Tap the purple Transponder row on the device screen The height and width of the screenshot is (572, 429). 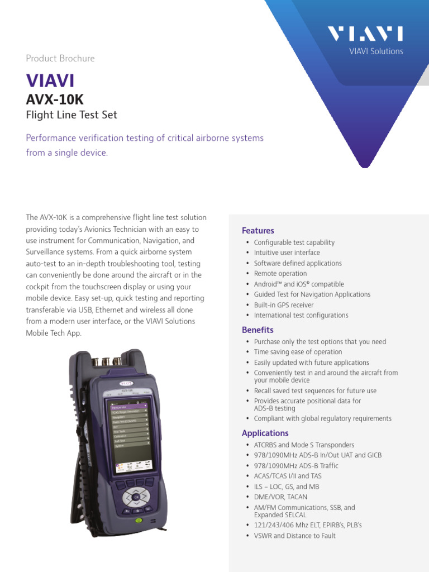coord(127,407)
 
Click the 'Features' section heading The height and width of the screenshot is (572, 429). coord(258,231)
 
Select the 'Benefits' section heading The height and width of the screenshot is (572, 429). coord(258,330)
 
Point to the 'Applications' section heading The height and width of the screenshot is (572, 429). coord(265,433)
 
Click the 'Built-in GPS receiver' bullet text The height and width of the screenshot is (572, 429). coord(284,305)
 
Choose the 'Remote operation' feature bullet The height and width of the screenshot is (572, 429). coord(280,274)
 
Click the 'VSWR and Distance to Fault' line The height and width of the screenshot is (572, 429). coord(295,536)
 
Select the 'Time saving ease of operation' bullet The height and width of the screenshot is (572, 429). coord(298,352)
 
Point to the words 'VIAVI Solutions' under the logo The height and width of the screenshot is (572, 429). coord(376,51)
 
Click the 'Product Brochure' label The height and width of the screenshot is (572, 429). coord(60,58)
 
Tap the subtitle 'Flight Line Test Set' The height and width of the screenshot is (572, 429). coord(71,116)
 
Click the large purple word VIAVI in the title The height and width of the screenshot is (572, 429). coord(50,80)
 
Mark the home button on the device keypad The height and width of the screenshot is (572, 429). coord(136,509)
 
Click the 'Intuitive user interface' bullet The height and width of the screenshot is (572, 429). coord(287,252)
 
